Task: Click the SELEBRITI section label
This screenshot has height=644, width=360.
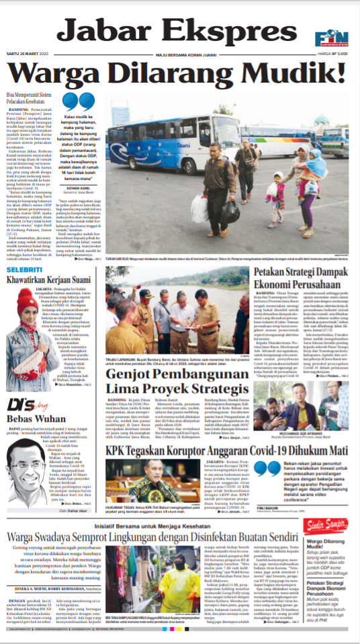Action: point(24,270)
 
